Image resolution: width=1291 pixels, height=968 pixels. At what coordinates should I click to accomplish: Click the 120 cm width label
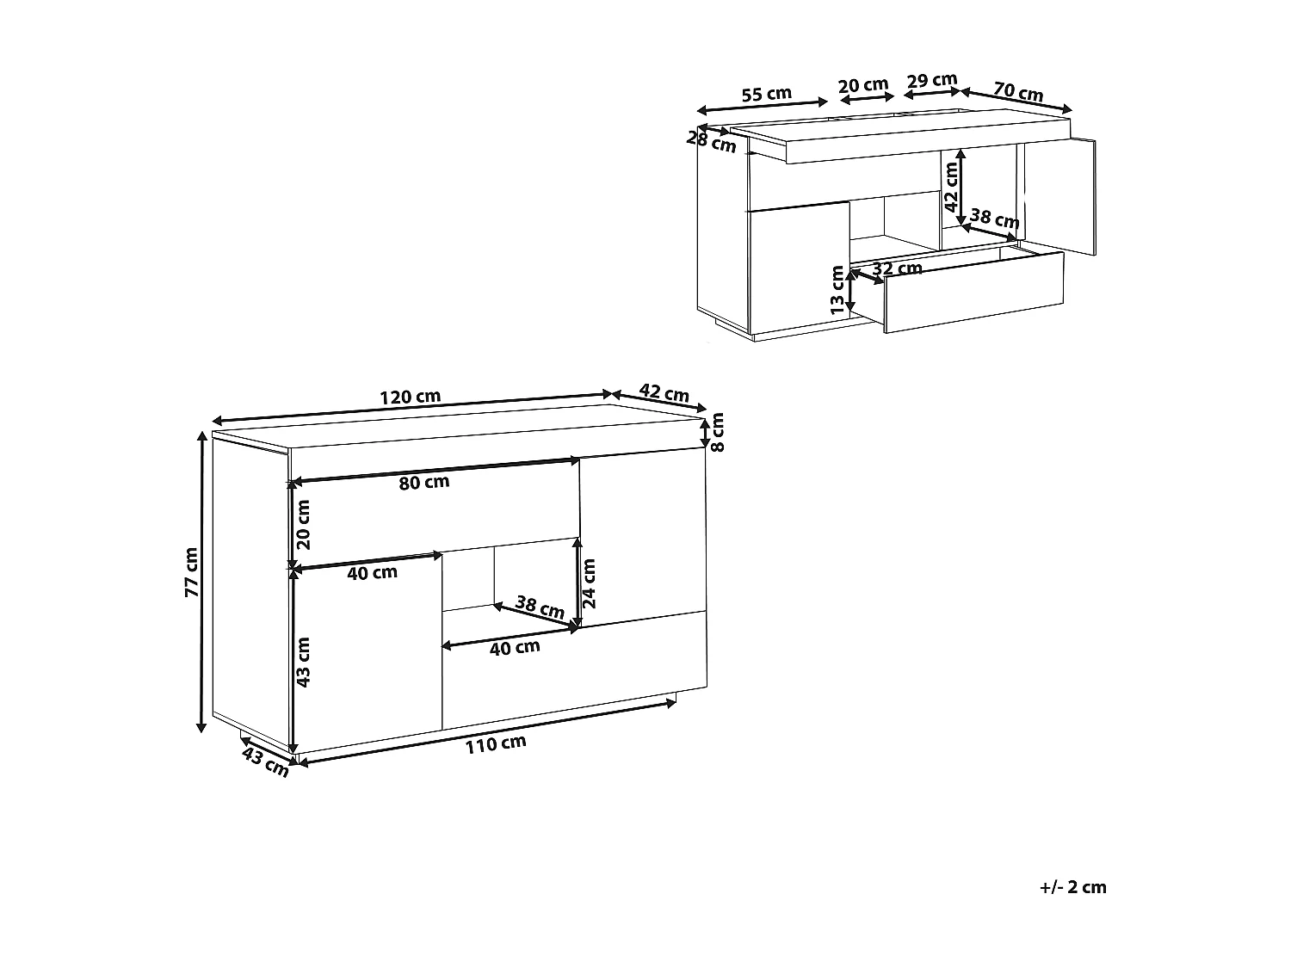click(411, 397)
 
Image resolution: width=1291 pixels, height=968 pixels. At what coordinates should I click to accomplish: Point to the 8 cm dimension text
click(718, 433)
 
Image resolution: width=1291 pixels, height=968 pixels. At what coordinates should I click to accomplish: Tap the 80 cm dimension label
click(424, 483)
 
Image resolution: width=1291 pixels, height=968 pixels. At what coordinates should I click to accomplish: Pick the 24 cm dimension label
click(590, 583)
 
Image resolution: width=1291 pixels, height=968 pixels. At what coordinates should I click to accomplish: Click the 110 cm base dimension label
click(496, 744)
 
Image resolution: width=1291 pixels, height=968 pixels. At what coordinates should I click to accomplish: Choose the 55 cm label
click(766, 95)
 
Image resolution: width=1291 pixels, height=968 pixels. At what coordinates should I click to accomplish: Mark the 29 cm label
click(932, 81)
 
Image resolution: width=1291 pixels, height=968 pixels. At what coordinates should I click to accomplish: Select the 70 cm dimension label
click(1018, 92)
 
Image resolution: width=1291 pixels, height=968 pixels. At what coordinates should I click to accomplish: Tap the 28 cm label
click(712, 141)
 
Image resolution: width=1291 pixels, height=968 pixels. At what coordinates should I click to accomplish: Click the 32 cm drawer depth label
click(897, 268)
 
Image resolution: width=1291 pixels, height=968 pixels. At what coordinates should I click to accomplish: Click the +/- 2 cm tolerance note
click(1072, 887)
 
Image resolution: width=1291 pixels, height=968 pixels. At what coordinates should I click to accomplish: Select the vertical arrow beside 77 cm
click(202, 583)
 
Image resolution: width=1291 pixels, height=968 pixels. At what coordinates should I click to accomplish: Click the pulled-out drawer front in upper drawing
click(973, 292)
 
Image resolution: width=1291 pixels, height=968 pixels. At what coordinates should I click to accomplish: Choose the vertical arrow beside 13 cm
click(850, 292)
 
